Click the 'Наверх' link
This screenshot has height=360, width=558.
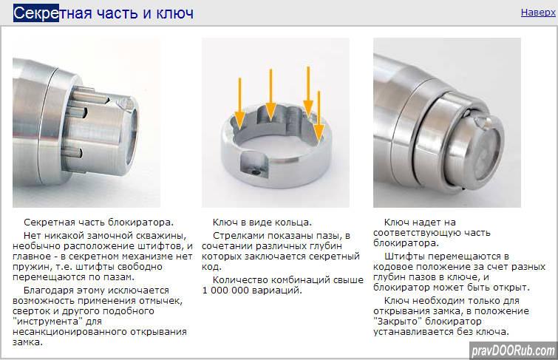coord(538,13)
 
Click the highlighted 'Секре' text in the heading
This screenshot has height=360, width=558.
coord(36,13)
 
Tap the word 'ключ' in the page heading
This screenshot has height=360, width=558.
coord(175,13)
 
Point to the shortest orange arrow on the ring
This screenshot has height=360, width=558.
coord(319,116)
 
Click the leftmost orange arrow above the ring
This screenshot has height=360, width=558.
coord(240,103)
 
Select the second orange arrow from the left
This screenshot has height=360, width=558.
coord(271,95)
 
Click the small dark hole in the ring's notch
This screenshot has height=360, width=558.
coord(255,172)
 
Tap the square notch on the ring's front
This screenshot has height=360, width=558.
coord(254,164)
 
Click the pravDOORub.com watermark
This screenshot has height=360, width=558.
coord(514,351)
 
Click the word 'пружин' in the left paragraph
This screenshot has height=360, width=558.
coord(29,267)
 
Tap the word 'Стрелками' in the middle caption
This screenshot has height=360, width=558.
coord(237,236)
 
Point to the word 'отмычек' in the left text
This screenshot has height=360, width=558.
coord(160,301)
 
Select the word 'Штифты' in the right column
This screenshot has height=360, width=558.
coord(402,257)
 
